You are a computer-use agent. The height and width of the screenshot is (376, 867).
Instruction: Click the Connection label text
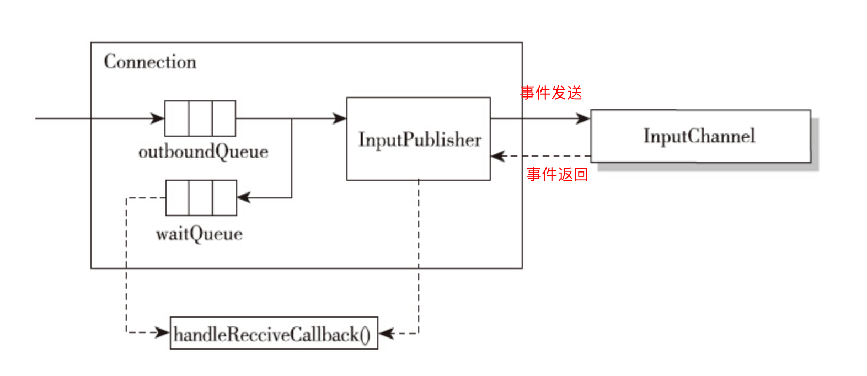[x=150, y=62]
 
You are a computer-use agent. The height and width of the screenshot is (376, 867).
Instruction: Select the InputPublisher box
[x=418, y=139]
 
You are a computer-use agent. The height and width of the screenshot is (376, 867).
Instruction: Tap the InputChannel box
[x=700, y=136]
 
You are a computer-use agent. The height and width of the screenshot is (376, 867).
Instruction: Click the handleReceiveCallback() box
[x=274, y=333]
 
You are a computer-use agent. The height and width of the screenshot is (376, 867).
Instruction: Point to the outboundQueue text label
[x=203, y=152]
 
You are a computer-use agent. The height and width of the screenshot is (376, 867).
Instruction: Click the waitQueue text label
[x=199, y=234]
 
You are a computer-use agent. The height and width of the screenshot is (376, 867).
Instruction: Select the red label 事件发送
[x=550, y=93]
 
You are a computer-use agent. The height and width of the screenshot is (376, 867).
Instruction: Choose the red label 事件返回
[x=557, y=174]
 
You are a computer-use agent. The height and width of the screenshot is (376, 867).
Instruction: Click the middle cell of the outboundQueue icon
[x=200, y=118]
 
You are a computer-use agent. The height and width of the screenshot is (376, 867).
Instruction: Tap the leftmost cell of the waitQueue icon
[x=178, y=197]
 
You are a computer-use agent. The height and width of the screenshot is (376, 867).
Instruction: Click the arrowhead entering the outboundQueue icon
[x=158, y=118]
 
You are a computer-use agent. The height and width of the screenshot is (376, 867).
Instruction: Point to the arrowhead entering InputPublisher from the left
[x=340, y=118]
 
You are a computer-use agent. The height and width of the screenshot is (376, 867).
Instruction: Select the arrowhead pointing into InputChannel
[x=584, y=118]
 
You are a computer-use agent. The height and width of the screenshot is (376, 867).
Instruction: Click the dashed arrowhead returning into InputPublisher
[x=498, y=156]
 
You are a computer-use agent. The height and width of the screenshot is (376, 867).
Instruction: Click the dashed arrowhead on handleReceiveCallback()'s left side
[x=163, y=332]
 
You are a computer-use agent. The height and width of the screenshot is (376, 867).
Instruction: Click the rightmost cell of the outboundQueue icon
[x=224, y=118]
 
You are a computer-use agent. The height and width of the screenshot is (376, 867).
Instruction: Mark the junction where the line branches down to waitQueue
[x=292, y=118]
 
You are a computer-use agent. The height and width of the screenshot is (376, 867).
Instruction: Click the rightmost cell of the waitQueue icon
[x=224, y=197]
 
